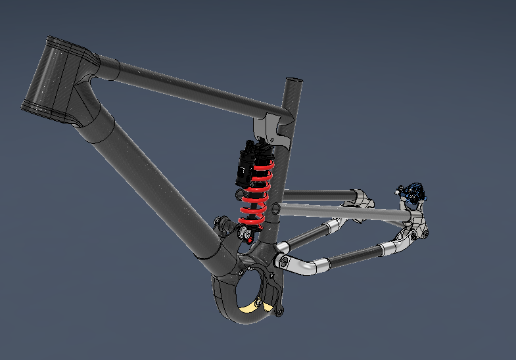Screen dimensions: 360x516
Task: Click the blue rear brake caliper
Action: [413, 192]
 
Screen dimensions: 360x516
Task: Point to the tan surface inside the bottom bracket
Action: [252, 305]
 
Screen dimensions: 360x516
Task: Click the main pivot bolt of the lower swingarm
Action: [283, 261]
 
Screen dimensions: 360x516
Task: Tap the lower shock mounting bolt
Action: [246, 233]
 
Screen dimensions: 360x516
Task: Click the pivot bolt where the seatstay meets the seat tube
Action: [275, 209]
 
